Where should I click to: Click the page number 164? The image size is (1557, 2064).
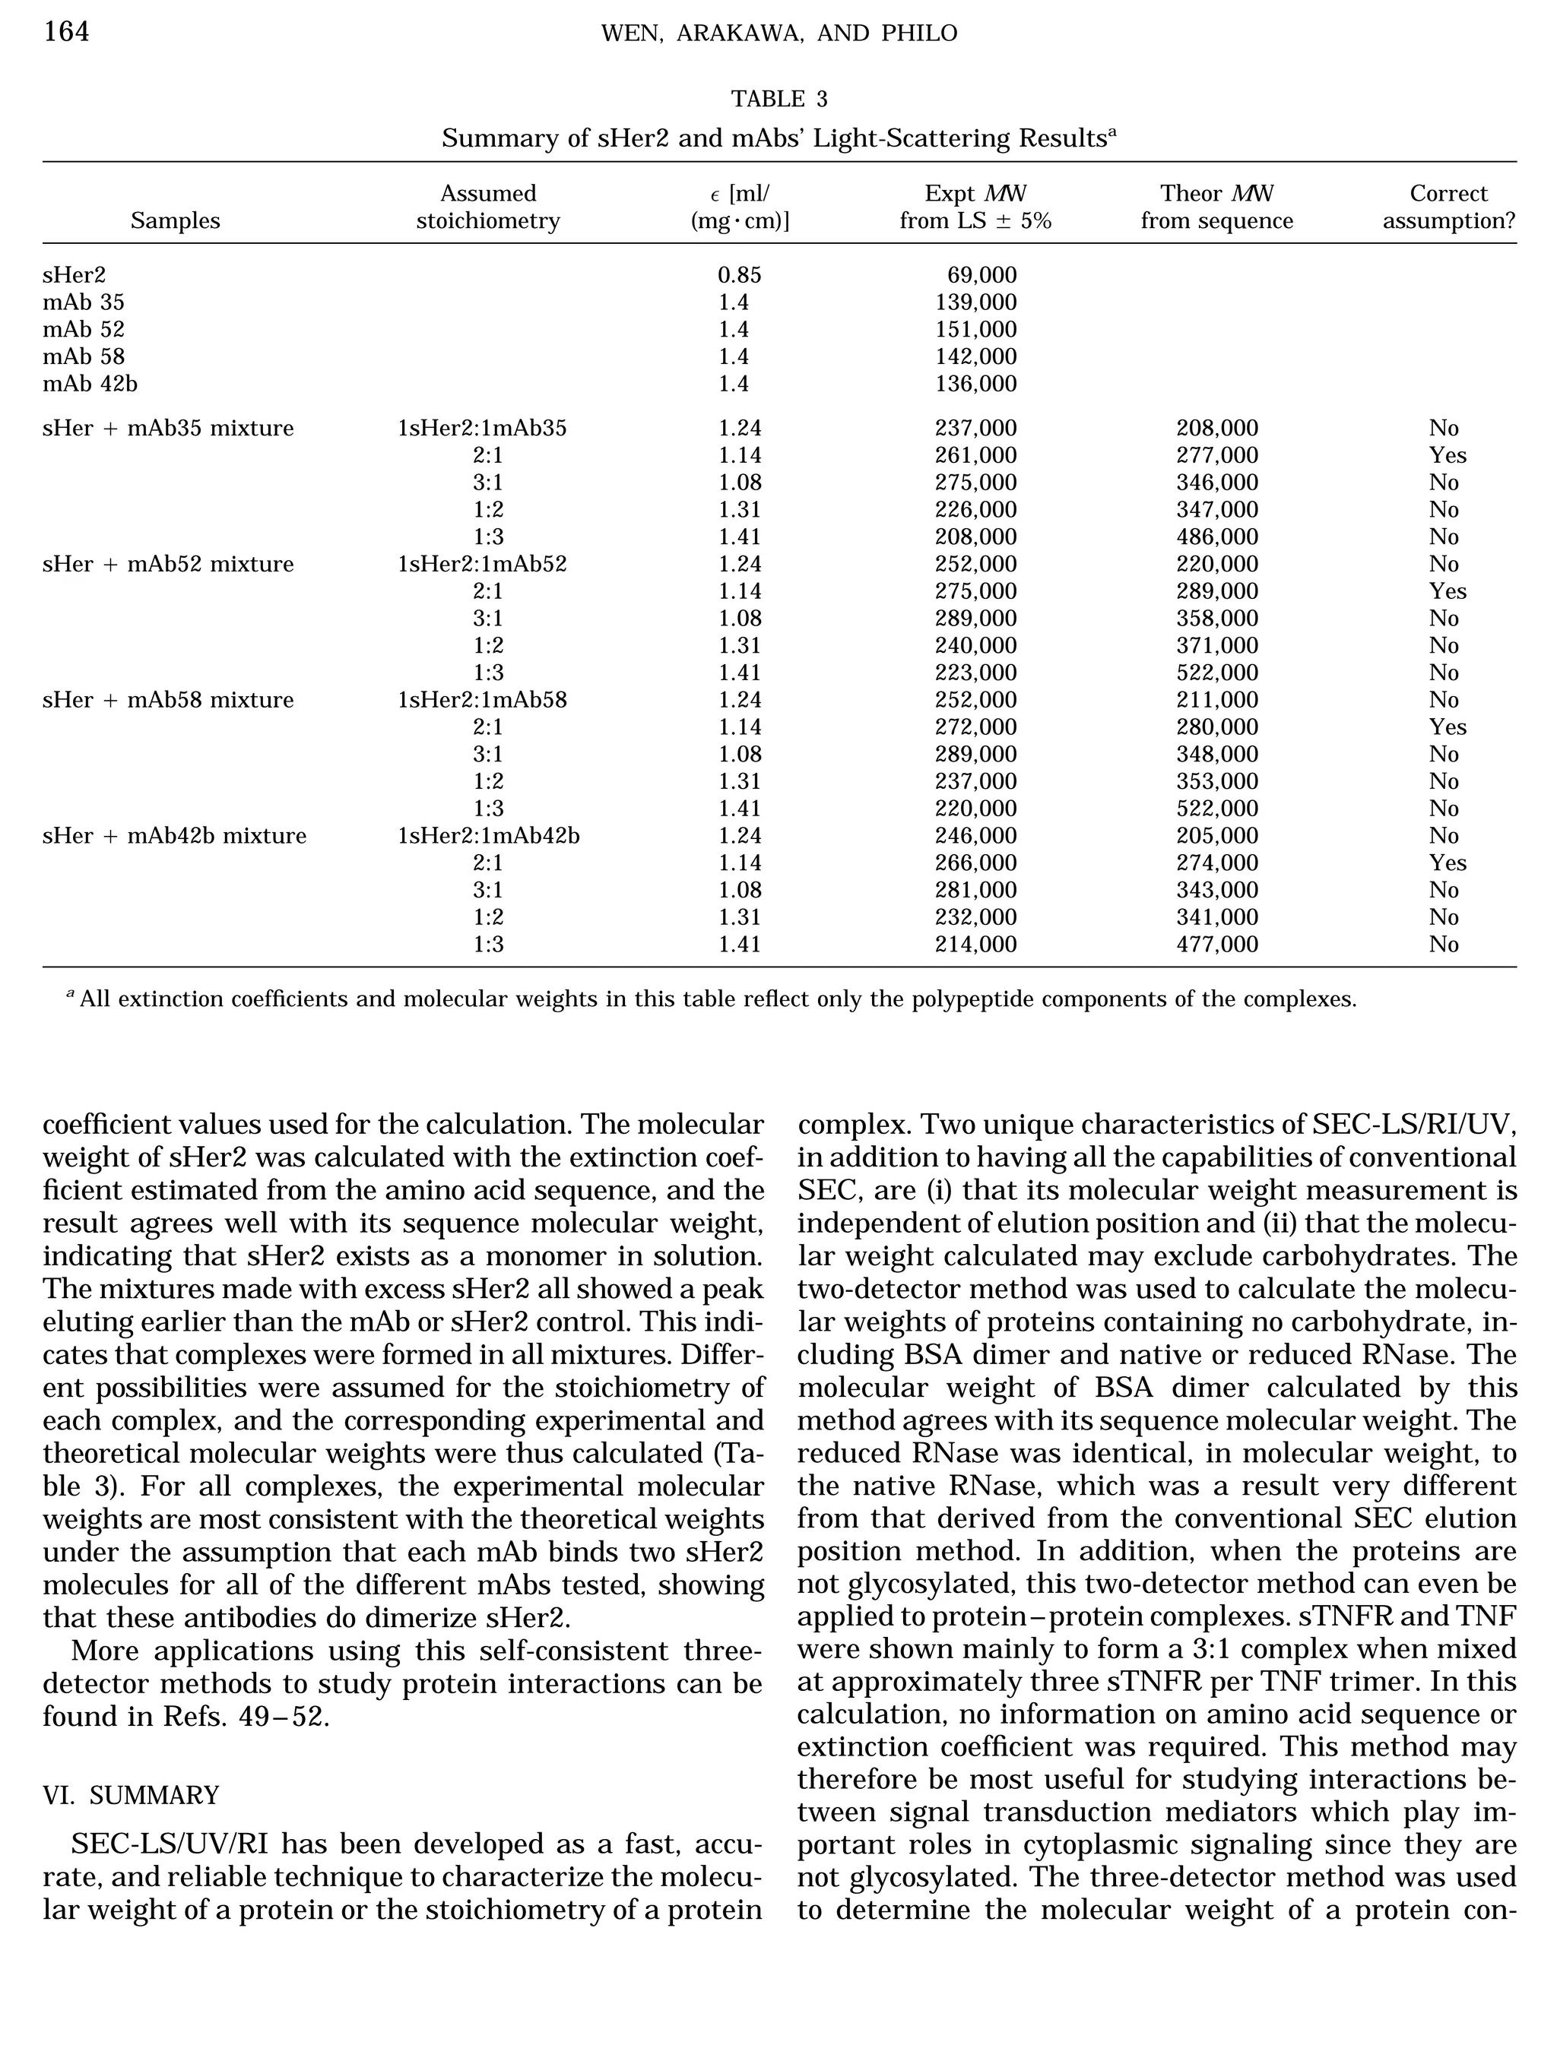tap(66, 33)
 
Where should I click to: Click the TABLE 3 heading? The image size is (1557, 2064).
tap(778, 99)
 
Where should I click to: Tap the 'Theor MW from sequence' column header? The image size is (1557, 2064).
tap(1216, 207)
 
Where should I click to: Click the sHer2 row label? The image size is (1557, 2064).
tap(74, 275)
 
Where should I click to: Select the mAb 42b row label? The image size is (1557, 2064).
tap(90, 384)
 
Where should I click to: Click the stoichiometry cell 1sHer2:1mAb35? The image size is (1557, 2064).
tap(482, 429)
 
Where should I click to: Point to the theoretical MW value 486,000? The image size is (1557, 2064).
tap(1216, 537)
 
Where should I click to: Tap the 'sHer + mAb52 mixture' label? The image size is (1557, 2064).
tap(168, 564)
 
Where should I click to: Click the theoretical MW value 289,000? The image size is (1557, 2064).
tap(1216, 590)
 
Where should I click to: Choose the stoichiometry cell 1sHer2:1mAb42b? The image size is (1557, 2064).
tap(488, 835)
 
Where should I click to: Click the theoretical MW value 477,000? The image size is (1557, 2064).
tap(1216, 945)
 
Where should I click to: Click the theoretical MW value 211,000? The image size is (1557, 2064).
tap(1216, 700)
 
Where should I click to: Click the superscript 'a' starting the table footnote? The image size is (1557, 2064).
tap(70, 996)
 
